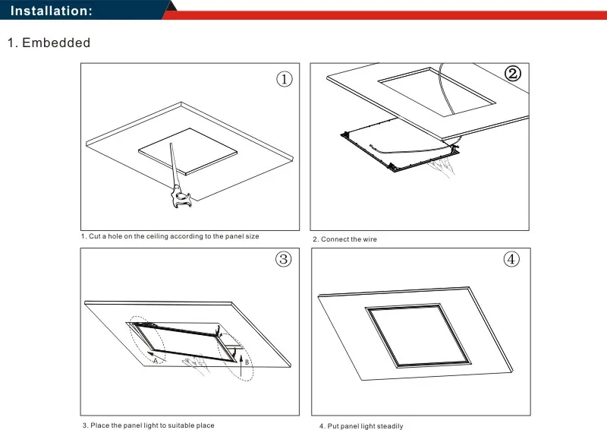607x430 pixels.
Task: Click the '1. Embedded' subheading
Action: pyautogui.click(x=49, y=43)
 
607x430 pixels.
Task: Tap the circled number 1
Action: pyautogui.click(x=284, y=79)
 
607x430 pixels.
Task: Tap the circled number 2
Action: pyautogui.click(x=513, y=74)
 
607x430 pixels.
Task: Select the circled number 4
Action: pyautogui.click(x=513, y=260)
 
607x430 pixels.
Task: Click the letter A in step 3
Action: pyautogui.click(x=156, y=362)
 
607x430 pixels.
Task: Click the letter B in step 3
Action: pyautogui.click(x=247, y=362)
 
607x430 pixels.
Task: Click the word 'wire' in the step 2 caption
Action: pyautogui.click(x=370, y=239)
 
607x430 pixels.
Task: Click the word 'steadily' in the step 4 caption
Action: pyautogui.click(x=389, y=425)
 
